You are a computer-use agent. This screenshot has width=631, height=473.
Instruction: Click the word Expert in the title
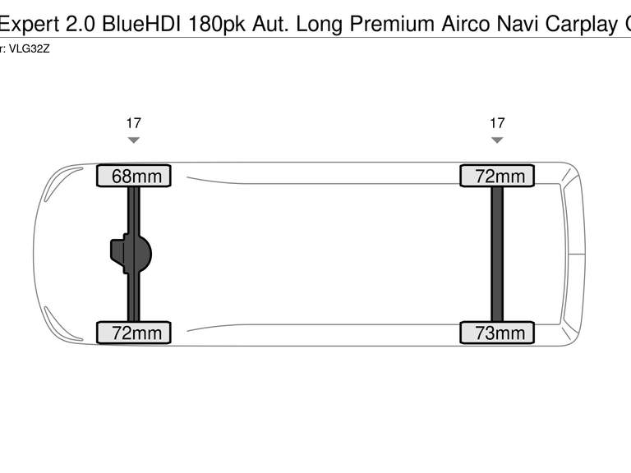tap(30, 24)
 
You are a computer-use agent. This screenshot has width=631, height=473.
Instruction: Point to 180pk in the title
tap(217, 25)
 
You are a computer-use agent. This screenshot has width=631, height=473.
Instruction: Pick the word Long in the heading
tap(320, 25)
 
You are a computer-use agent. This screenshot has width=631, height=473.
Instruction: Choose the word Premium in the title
tap(392, 24)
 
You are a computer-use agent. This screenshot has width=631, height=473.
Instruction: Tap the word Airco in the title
tap(466, 24)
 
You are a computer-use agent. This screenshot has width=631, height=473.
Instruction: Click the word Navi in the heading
tap(518, 24)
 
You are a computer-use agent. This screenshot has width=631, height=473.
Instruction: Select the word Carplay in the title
tap(582, 25)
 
